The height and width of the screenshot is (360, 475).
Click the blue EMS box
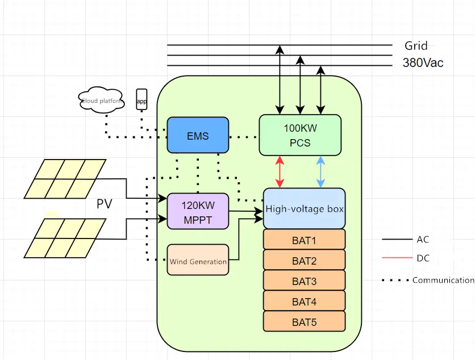198,135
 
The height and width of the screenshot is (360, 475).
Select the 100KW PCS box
300,135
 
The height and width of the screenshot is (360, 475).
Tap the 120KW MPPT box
198,211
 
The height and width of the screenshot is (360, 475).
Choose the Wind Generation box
198,260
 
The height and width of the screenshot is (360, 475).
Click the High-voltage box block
305,208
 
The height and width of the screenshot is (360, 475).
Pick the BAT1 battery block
305,240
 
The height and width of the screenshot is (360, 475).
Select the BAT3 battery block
305,281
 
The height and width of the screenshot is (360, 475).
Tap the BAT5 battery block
305,322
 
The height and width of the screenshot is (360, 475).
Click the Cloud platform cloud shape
102,101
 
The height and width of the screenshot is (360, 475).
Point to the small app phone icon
141,100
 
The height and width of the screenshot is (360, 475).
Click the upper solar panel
65,178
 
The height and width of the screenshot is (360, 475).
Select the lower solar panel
65,237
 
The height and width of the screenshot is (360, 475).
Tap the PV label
104,204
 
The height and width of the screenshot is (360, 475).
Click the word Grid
416,45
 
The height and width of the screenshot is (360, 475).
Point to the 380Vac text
423,63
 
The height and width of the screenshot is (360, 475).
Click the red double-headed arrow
280,171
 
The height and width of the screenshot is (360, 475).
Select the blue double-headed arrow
320,171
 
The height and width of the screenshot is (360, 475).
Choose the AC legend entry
423,240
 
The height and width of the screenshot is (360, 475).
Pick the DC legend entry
423,258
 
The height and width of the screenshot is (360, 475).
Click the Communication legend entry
443,280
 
